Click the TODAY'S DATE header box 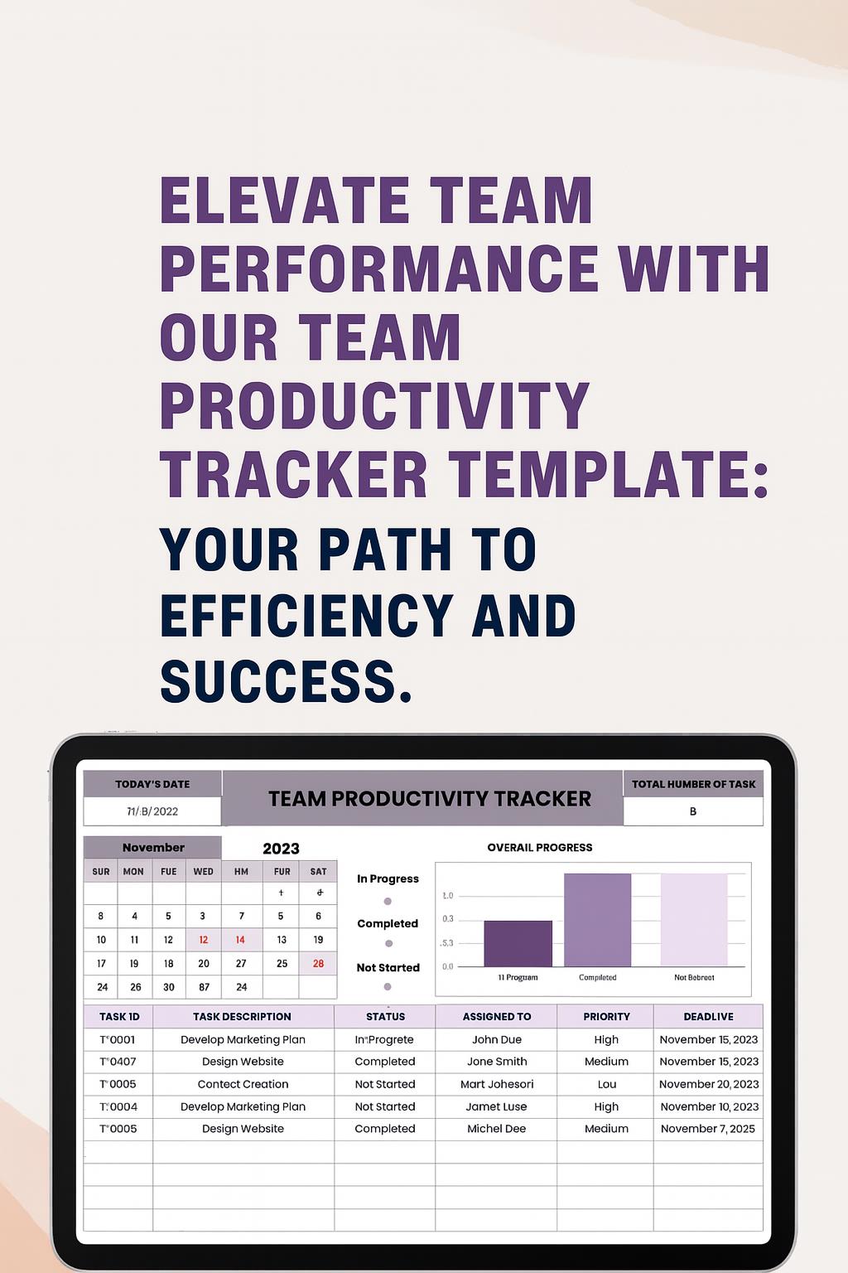[x=152, y=784]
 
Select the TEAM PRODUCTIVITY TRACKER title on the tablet [x=429, y=799]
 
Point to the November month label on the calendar [x=153, y=848]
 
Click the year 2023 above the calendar [x=281, y=849]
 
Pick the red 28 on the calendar [x=318, y=964]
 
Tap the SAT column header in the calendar [x=318, y=872]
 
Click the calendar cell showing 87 [x=204, y=987]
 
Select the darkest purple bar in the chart [x=518, y=943]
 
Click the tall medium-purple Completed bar [x=597, y=920]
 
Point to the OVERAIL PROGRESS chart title [x=539, y=848]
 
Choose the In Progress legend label [x=388, y=879]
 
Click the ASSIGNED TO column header [x=497, y=1017]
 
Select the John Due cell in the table [x=497, y=1039]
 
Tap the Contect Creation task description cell [x=243, y=1084]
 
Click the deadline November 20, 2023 [x=709, y=1084]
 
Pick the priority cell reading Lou [x=606, y=1084]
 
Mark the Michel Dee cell [x=497, y=1129]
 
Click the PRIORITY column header [x=606, y=1017]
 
